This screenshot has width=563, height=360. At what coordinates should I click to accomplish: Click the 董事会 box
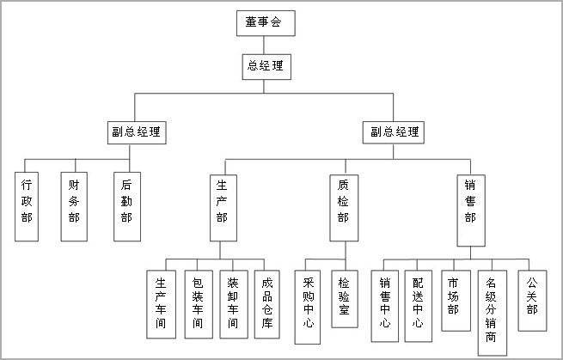click(x=266, y=23)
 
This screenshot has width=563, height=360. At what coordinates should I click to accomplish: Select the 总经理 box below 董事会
click(x=266, y=67)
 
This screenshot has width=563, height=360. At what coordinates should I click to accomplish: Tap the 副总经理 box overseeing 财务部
click(x=137, y=132)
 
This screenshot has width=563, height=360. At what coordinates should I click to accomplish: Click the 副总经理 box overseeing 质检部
click(x=393, y=132)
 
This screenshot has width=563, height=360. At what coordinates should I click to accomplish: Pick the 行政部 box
click(x=27, y=206)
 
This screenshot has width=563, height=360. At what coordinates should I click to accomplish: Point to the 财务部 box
click(x=74, y=206)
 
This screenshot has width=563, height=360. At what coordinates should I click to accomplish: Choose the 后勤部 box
click(x=127, y=206)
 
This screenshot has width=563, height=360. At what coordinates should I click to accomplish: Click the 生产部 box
click(x=223, y=208)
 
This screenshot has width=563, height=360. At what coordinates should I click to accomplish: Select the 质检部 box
click(x=344, y=208)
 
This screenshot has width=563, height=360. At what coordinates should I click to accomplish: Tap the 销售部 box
click(x=471, y=211)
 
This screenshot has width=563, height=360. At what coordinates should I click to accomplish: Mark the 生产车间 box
click(x=162, y=304)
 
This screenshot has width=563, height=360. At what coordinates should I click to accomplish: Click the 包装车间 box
click(x=199, y=304)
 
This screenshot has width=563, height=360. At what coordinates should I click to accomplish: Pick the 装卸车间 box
click(x=234, y=304)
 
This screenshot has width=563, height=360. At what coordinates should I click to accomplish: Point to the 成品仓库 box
click(x=267, y=304)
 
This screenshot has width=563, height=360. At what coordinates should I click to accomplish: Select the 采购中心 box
click(x=308, y=308)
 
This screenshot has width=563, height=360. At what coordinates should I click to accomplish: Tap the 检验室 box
click(x=345, y=299)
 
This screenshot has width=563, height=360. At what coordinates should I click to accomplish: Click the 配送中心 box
click(x=419, y=306)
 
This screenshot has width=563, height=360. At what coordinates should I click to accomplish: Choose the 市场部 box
click(x=456, y=301)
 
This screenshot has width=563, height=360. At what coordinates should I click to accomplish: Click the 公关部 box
click(x=532, y=301)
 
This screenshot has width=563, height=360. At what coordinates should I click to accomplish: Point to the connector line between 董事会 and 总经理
click(x=264, y=46)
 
